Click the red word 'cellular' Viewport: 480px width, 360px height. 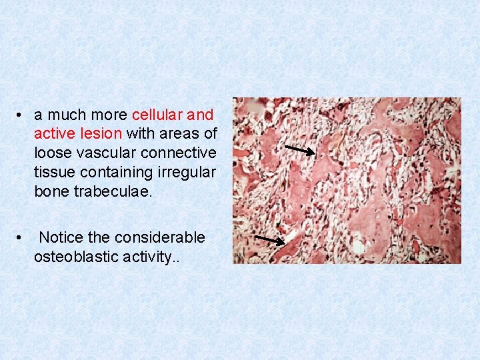162,114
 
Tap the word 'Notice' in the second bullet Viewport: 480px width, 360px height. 61,237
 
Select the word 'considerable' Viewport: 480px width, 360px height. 159,237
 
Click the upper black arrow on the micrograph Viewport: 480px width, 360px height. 299,151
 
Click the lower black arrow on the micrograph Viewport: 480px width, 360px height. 270,240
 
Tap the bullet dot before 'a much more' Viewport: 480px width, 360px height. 21,115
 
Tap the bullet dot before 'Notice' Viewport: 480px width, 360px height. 21,238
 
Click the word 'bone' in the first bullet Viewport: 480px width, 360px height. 50,191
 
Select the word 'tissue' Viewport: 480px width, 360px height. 55,172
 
